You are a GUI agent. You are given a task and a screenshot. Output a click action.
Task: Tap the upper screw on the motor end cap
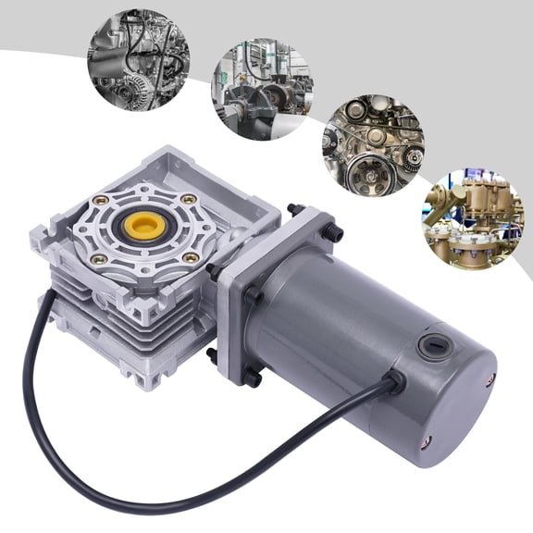[x=491, y=378]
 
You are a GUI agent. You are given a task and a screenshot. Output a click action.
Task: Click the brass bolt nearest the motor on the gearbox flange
[x=190, y=256]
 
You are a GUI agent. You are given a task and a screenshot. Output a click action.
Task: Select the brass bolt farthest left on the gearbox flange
[x=101, y=200]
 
